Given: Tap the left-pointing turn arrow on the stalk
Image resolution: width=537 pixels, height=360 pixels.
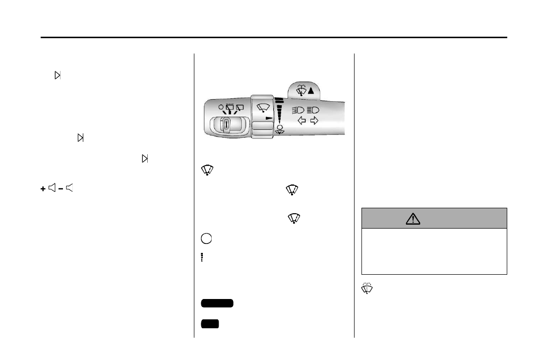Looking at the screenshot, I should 301,120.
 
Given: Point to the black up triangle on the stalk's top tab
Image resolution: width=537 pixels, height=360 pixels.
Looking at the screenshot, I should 310,91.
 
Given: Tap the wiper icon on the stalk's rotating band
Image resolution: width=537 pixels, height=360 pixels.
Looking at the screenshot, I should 263,107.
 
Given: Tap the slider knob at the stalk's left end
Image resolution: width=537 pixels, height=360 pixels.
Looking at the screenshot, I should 226,124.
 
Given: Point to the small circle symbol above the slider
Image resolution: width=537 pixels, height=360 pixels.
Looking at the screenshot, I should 220,107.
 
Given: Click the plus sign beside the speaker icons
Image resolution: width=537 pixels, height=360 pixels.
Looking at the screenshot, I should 43,188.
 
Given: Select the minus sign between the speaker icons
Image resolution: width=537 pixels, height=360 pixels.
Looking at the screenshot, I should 60,188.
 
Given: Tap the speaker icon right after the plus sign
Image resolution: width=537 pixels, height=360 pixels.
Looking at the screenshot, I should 52,188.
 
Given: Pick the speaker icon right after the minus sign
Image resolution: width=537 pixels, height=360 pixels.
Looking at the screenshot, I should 69,188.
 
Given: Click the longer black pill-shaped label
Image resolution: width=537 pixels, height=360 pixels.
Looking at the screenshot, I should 217,303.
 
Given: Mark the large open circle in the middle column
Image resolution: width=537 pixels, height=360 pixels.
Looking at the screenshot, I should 207,238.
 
